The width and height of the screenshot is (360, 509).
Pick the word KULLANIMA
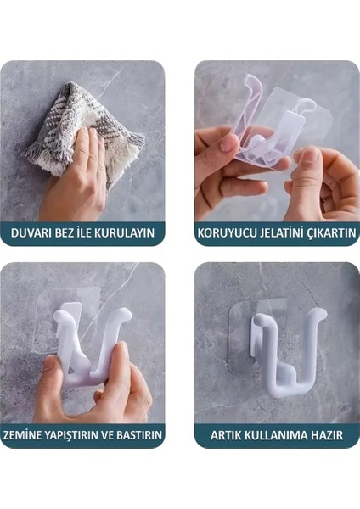[x=278, y=435]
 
